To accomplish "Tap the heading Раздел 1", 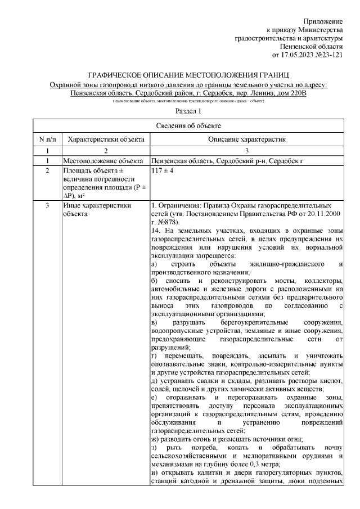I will (188, 112).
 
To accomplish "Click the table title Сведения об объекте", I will (188, 125).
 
